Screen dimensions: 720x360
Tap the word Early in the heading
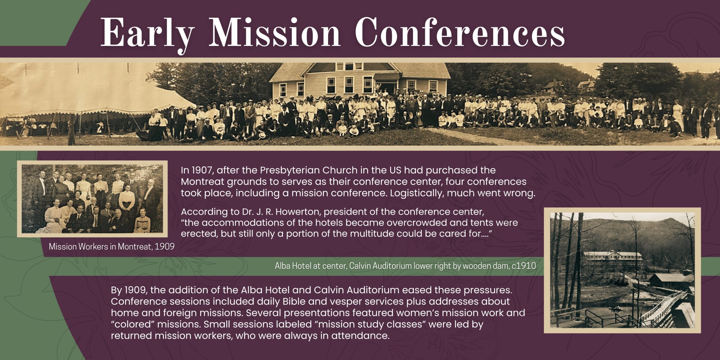coord(147,34)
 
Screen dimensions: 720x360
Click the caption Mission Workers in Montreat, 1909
coord(112,247)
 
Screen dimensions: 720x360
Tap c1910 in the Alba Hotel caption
coord(524,266)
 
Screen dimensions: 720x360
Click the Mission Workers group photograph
coord(92,199)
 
